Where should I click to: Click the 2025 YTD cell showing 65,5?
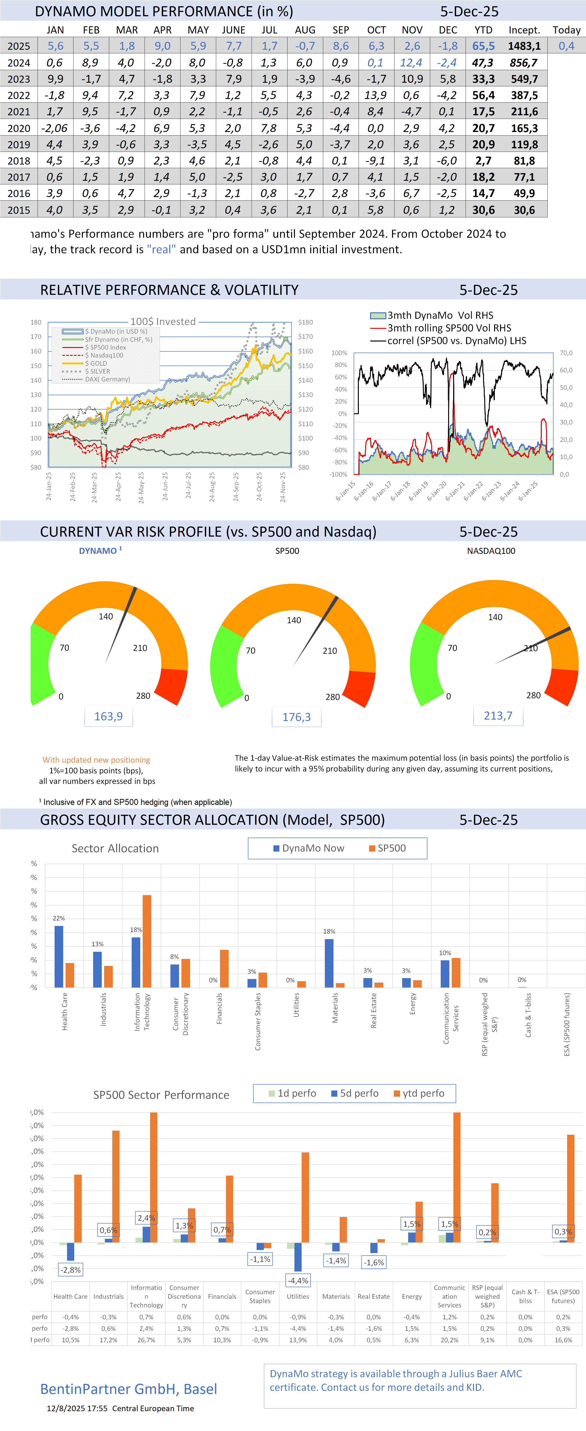(483, 46)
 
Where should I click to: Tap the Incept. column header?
(524, 30)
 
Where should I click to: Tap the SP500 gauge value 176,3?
(296, 717)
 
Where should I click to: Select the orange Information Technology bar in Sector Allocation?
(147, 941)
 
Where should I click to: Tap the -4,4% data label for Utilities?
(298, 1280)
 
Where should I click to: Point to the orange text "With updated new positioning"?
(96, 760)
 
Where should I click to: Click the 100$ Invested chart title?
(163, 322)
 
